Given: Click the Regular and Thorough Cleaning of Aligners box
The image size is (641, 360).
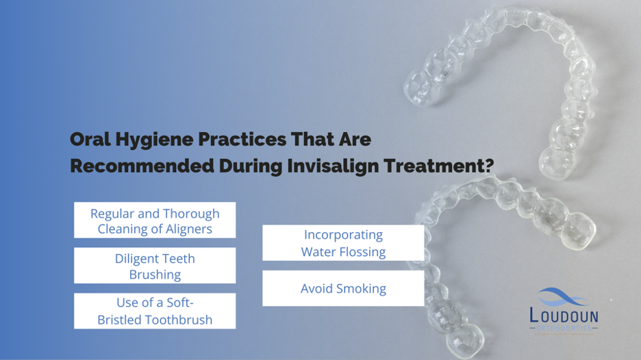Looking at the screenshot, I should (155, 220).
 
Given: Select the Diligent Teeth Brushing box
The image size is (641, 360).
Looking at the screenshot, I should (155, 266).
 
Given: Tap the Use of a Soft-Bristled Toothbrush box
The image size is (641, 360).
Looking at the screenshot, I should (155, 311).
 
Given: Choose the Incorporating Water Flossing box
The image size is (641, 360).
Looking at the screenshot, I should (343, 243).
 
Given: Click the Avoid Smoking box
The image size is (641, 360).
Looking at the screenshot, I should (343, 288).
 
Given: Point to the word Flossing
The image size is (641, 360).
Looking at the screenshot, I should (360, 252).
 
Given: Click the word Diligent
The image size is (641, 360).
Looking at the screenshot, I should (136, 258).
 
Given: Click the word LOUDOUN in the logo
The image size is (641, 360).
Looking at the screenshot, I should (564, 316).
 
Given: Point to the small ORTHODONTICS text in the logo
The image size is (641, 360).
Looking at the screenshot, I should (564, 329).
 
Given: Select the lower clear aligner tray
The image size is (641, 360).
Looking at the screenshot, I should (507, 260).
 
